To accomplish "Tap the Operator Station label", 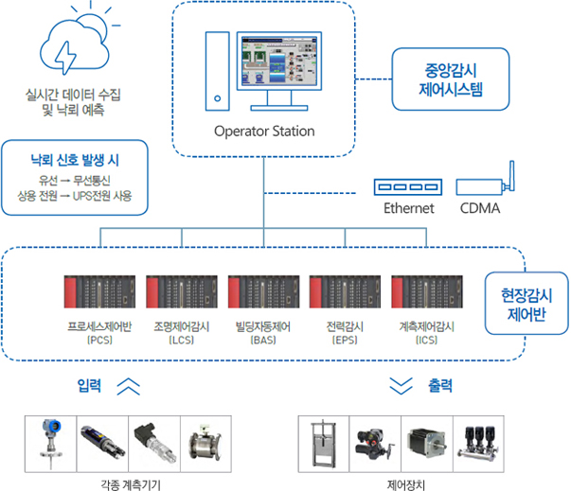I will pyautogui.click(x=264, y=132).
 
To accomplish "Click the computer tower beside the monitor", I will pyautogui.click(x=218, y=70).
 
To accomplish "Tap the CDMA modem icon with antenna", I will pyautogui.click(x=483, y=184).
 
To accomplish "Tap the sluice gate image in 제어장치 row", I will pyautogui.click(x=324, y=442).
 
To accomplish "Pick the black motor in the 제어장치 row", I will pyautogui.click(x=425, y=443).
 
